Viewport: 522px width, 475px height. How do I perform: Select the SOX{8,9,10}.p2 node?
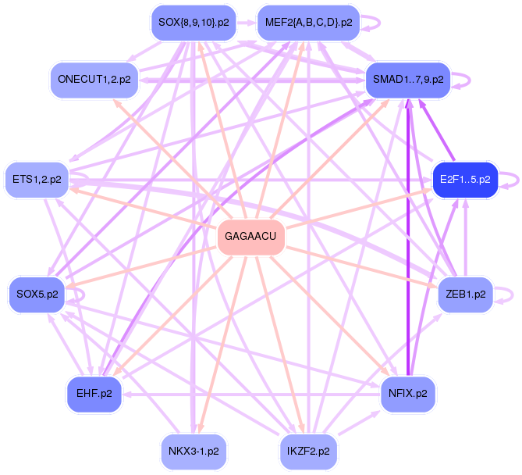(x=193, y=23)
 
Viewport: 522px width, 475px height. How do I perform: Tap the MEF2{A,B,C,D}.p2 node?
(x=309, y=23)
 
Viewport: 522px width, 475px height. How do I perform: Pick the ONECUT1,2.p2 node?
(x=94, y=79)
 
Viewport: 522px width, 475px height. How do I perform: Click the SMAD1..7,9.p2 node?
(x=408, y=79)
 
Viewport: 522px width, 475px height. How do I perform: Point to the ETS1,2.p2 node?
(x=37, y=180)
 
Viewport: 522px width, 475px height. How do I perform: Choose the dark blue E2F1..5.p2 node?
(x=464, y=180)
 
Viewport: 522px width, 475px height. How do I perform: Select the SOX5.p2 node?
(x=37, y=295)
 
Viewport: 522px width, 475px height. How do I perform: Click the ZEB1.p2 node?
(x=465, y=295)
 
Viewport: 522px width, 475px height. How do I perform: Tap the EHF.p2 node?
(x=94, y=394)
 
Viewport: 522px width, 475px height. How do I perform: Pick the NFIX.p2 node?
(x=407, y=394)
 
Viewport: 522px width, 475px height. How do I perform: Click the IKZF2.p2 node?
(x=308, y=451)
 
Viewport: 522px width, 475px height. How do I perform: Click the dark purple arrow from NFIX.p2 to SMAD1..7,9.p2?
(x=407, y=234)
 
